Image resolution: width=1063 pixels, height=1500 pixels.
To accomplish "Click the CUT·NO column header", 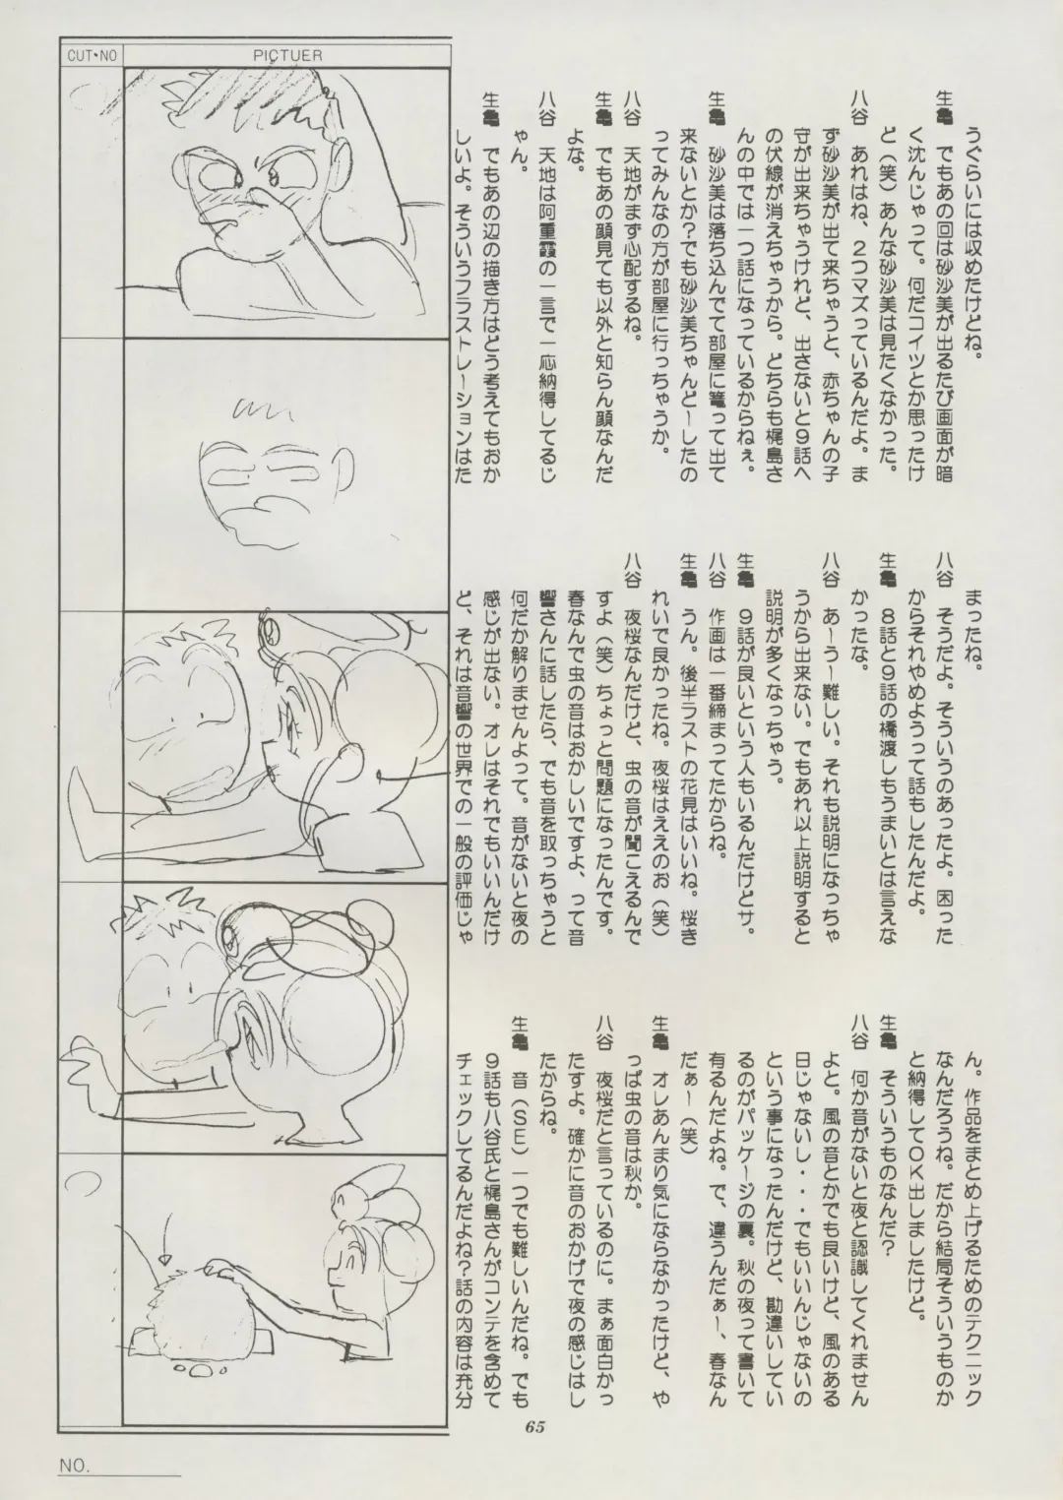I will pos(93,56).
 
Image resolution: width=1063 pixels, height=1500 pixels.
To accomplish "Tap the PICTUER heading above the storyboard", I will pos(289,56).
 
